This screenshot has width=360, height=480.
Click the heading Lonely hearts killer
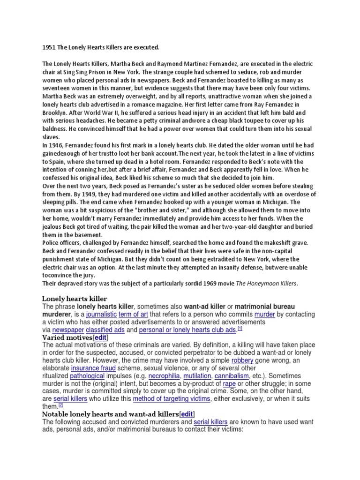click(x=75, y=299)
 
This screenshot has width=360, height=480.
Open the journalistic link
click(x=100, y=315)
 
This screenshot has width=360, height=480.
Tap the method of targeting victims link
click(x=172, y=398)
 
